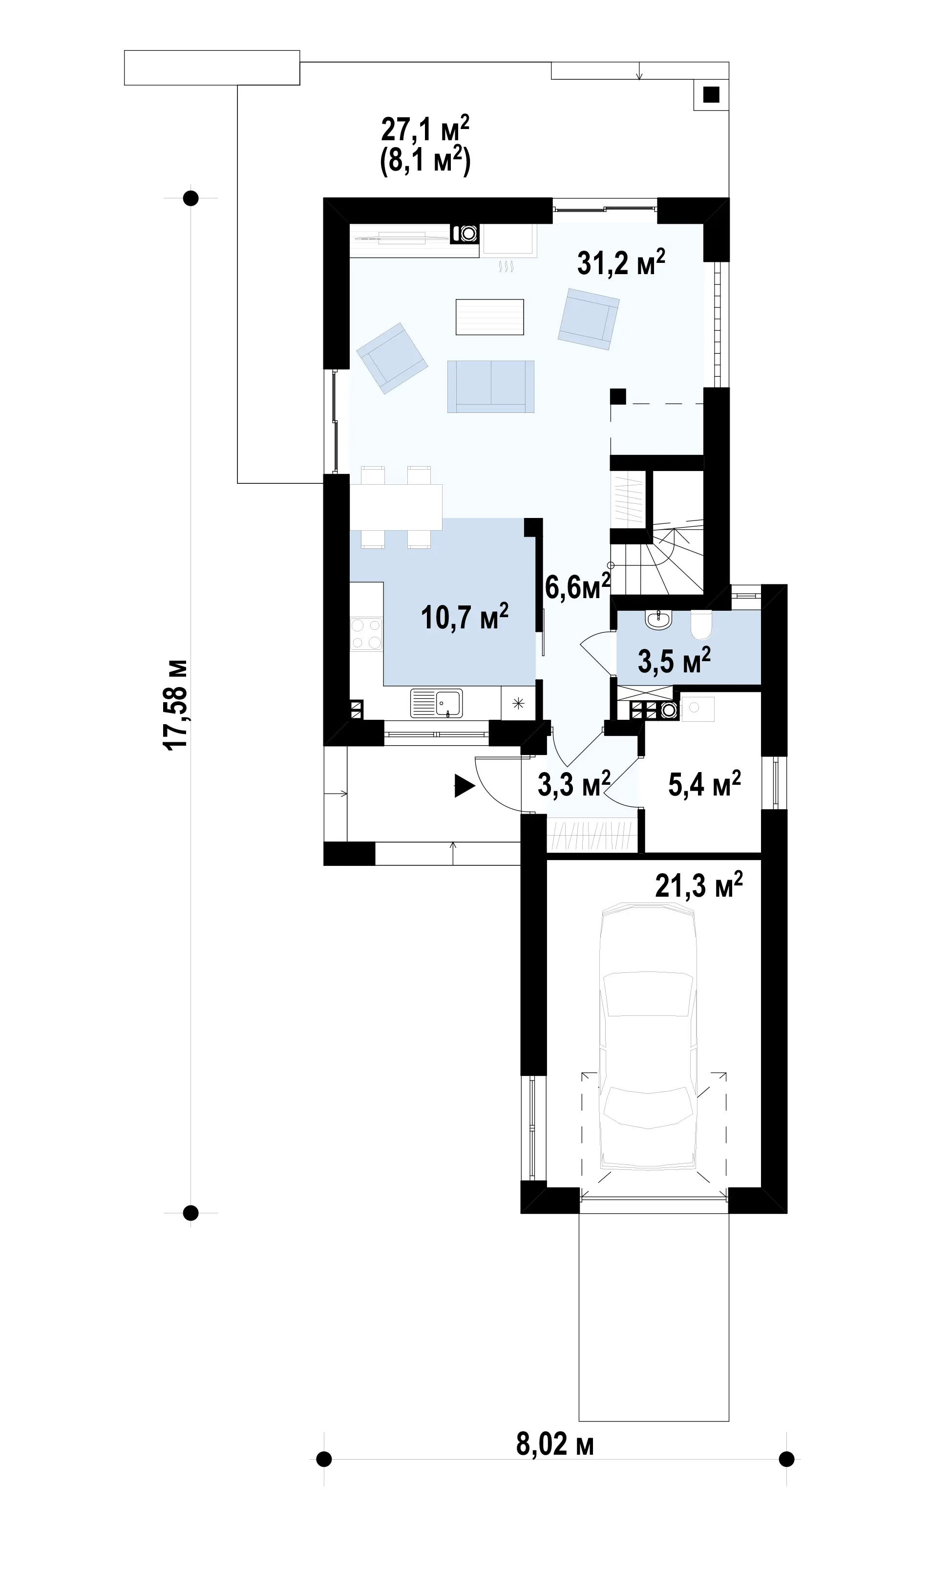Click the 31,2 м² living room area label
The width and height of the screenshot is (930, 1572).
(x=621, y=262)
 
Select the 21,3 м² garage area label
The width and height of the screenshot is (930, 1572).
(x=699, y=885)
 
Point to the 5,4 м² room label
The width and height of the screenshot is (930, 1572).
(x=704, y=783)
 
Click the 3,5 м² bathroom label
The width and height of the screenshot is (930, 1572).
(x=675, y=660)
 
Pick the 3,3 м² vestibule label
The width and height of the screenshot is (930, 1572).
(x=574, y=783)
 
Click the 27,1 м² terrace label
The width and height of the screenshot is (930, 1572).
(x=425, y=129)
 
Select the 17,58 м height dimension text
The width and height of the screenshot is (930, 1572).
(x=175, y=703)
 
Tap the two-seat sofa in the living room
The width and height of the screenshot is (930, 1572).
(x=491, y=387)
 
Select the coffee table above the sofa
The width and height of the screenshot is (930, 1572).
(x=489, y=317)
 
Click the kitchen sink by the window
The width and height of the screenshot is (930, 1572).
(x=436, y=703)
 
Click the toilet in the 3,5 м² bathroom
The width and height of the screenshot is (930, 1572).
(x=701, y=623)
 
